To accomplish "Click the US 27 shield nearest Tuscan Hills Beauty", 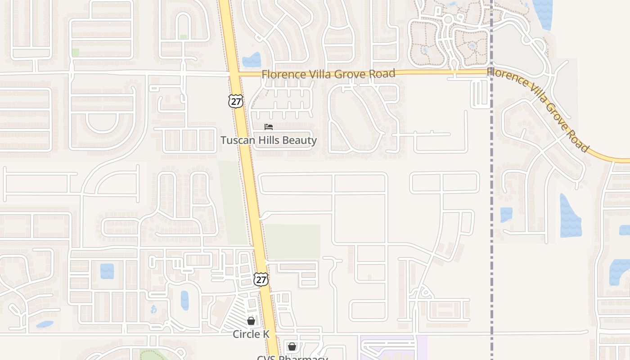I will tap(235, 101).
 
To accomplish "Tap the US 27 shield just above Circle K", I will tap(261, 279).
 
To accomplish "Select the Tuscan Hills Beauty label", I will tap(269, 140).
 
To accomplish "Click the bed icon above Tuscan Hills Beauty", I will tap(269, 127).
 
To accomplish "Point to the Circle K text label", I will tap(251, 334).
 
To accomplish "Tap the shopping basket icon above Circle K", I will tap(251, 321).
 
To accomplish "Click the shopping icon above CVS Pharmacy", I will tap(292, 346).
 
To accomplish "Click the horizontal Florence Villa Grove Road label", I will tap(328, 74).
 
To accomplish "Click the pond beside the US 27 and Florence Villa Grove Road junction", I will tap(252, 60).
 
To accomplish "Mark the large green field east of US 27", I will tap(292, 241).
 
